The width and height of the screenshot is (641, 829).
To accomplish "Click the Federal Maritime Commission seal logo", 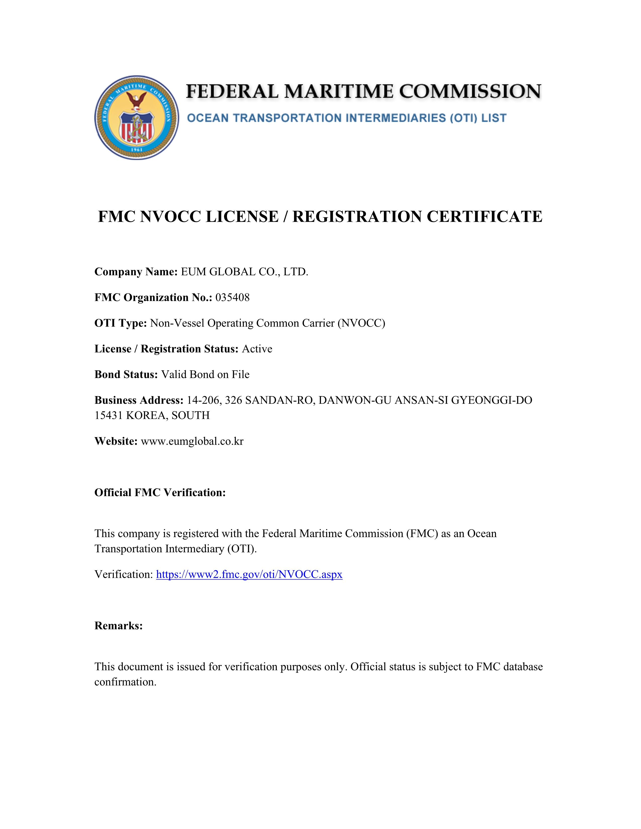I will [137, 117].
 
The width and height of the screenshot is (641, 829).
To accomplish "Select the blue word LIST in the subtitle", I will [494, 118].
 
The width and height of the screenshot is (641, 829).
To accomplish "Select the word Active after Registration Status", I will [257, 349].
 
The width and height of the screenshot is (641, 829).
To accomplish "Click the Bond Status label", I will [126, 375].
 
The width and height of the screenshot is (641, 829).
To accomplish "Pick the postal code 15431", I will [109, 415].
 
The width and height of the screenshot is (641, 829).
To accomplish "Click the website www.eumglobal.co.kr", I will [192, 441].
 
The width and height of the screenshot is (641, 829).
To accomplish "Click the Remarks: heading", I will [118, 626].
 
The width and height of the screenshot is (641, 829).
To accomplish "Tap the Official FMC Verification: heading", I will [160, 492].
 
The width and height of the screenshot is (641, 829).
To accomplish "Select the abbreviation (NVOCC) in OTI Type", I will [361, 323].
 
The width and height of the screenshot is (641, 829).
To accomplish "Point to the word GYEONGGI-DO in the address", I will [491, 400].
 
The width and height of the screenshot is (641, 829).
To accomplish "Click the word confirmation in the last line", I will [125, 682].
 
